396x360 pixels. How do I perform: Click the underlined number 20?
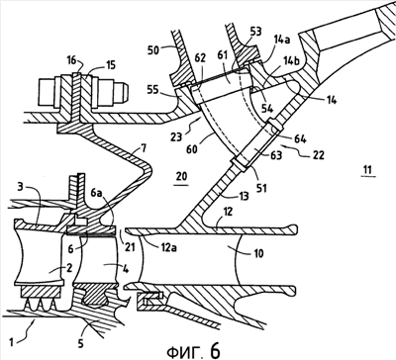pyautogui.click(x=181, y=176)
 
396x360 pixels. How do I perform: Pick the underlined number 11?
pyautogui.click(x=368, y=170)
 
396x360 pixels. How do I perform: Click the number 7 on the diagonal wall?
pyautogui.click(x=143, y=149)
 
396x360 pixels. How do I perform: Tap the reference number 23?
pyautogui.click(x=176, y=135)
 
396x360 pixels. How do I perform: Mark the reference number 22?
pyautogui.click(x=317, y=154)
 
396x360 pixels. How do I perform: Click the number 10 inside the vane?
pyautogui.click(x=258, y=253)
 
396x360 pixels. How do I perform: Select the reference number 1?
pyautogui.click(x=11, y=342)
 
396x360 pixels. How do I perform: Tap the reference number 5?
pyautogui.click(x=80, y=343)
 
